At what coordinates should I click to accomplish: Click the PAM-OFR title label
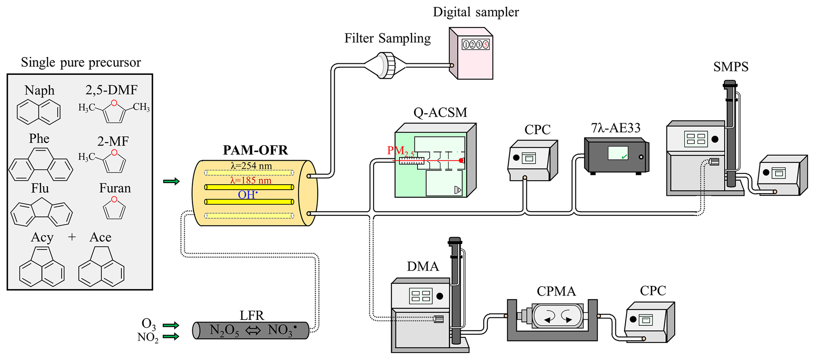(255, 150)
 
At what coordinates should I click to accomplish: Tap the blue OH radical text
(248, 194)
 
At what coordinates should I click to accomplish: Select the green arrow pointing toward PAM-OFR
(172, 181)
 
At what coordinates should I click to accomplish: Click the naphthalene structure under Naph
(39, 112)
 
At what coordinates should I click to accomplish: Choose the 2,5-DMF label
(112, 90)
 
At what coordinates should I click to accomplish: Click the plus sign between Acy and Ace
(72, 237)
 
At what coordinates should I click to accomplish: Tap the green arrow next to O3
(171, 325)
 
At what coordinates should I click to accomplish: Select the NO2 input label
(148, 338)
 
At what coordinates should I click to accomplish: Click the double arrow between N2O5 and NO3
(253, 330)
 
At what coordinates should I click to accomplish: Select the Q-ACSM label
(440, 113)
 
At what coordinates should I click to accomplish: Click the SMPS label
(731, 67)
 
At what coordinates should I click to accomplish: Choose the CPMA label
(556, 291)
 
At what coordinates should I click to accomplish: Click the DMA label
(423, 267)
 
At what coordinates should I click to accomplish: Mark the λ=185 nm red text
(251, 181)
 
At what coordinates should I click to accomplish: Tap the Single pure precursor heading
(81, 62)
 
